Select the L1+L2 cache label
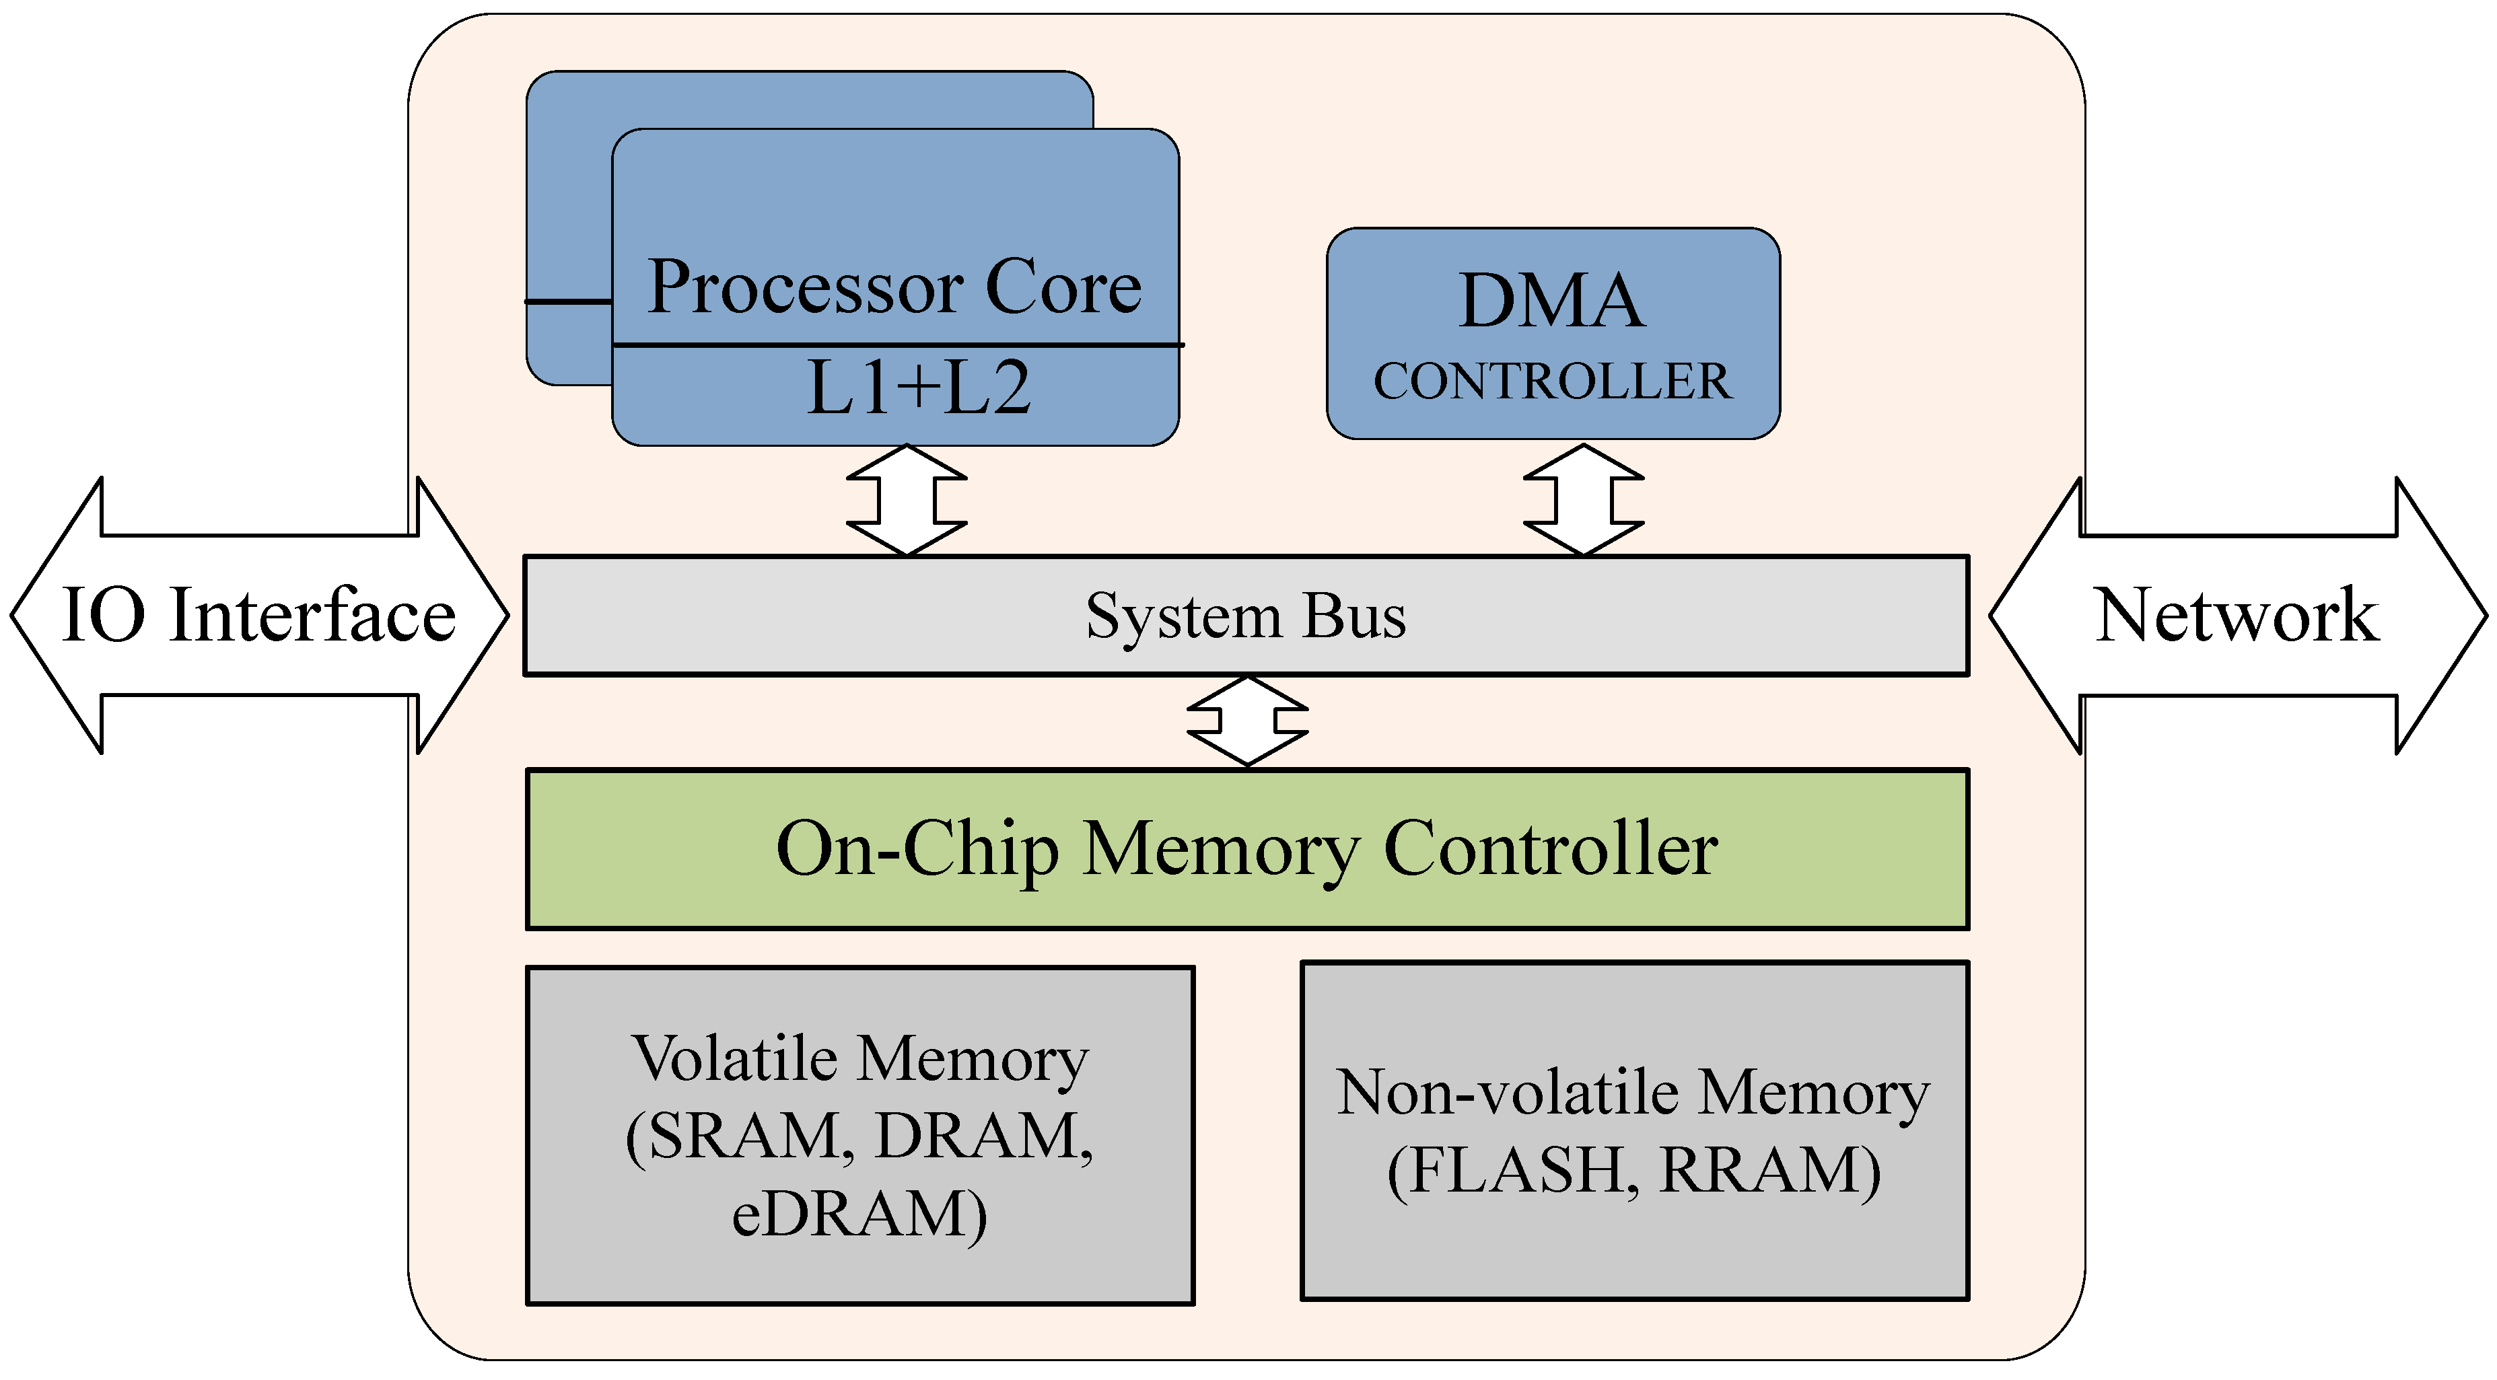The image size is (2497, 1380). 918,388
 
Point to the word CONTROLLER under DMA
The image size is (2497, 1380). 1552,381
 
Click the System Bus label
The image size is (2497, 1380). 1246,616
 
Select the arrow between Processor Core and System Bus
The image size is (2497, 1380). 907,500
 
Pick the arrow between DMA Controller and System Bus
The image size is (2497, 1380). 1584,500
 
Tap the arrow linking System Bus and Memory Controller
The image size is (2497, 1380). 1248,721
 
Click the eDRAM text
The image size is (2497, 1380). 859,1214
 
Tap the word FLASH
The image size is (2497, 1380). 1513,1171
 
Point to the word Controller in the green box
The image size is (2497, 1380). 1551,849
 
